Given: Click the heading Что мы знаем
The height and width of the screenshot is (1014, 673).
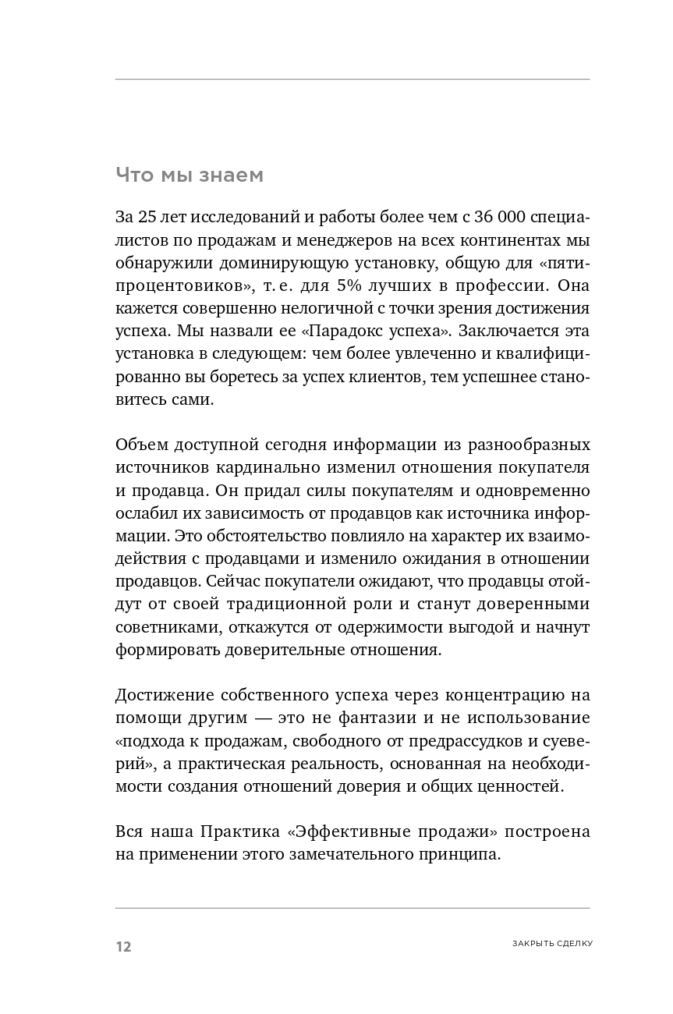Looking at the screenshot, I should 190,175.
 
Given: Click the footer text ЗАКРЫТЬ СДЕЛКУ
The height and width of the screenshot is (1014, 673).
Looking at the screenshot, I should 552,943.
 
